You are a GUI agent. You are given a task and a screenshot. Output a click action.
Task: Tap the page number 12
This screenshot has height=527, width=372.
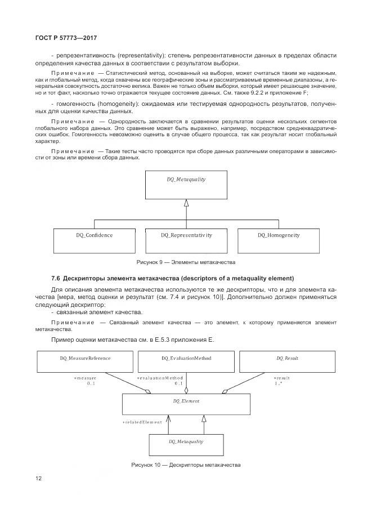[38, 479]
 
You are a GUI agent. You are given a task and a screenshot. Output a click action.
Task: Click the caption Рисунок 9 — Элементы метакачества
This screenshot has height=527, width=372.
[186, 262]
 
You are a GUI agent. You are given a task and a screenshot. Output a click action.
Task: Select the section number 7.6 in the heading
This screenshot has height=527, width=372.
[55, 279]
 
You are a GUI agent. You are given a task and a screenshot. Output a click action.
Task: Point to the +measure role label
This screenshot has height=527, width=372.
[85, 378]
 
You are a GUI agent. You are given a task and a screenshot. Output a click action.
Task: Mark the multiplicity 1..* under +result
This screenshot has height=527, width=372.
[279, 383]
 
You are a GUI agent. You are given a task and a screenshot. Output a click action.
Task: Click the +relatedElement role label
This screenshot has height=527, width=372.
[138, 422]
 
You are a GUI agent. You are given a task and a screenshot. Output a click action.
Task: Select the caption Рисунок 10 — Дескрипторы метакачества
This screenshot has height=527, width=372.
[186, 466]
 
